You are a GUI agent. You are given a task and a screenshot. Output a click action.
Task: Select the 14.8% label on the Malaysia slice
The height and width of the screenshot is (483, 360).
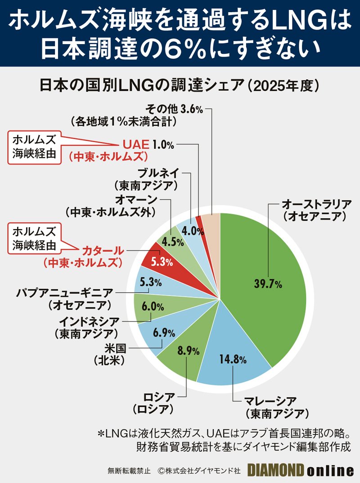pos(233,359)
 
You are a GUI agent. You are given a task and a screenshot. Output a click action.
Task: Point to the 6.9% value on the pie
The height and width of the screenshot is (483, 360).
pos(163,333)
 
